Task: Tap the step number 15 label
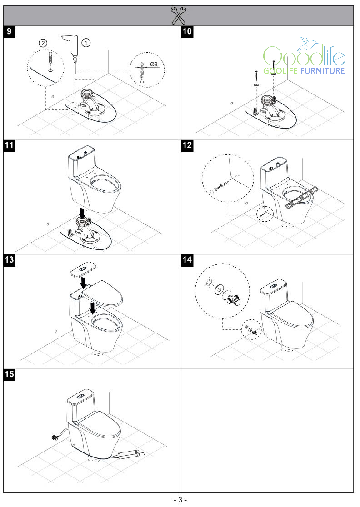[10, 374]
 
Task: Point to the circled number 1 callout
[86, 42]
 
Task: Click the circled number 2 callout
[42, 42]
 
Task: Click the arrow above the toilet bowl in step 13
[93, 308]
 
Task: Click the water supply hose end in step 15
[54, 438]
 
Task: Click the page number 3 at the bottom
[180, 500]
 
